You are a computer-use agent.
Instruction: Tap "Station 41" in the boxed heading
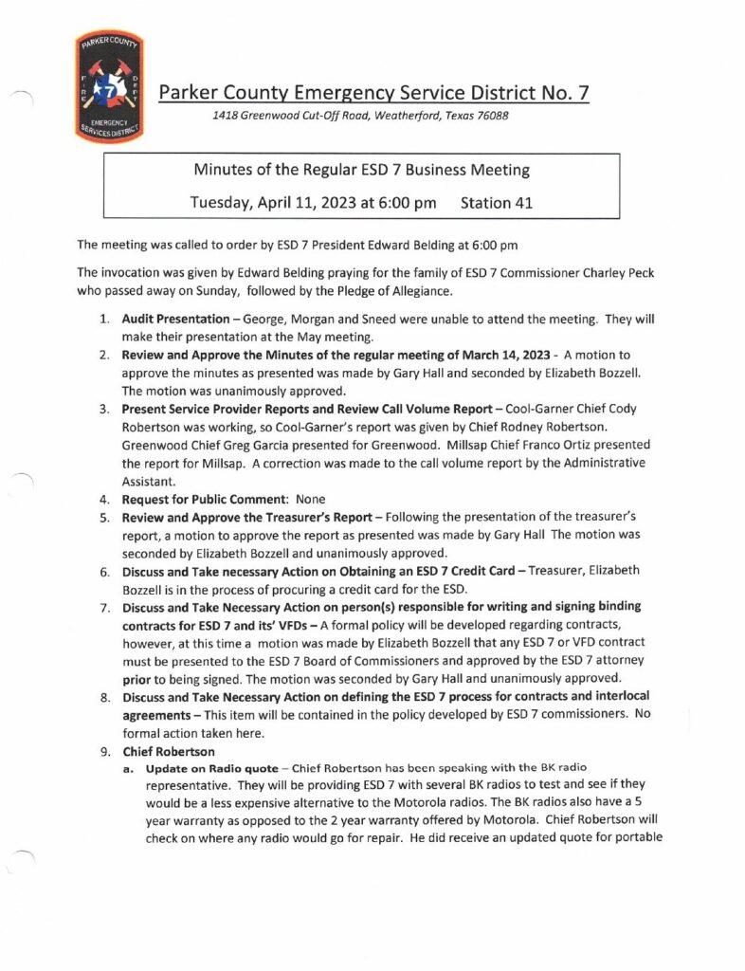coord(500,201)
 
